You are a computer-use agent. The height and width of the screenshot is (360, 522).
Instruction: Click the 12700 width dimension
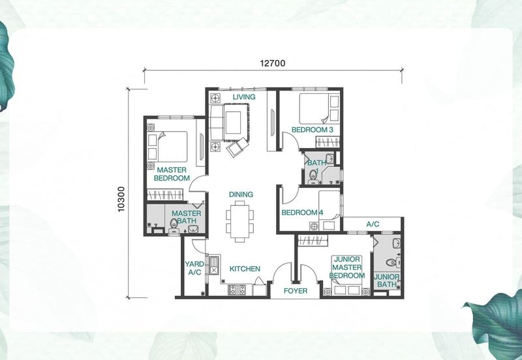(x=272, y=63)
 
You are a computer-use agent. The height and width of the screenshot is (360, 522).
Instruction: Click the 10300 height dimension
(x=121, y=199)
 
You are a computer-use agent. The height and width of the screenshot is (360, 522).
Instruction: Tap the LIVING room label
(x=244, y=97)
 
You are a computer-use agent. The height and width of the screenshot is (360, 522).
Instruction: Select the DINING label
(x=241, y=194)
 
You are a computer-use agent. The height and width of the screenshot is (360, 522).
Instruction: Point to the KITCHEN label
(x=245, y=269)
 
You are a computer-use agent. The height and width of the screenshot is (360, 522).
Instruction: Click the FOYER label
(x=296, y=291)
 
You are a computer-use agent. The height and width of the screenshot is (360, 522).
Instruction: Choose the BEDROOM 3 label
(x=312, y=130)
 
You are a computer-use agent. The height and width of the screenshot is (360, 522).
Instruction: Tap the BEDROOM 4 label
(x=302, y=212)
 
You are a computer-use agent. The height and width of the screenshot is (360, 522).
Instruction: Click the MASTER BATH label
(x=186, y=217)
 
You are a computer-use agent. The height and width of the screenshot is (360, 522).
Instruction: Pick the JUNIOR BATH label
(x=386, y=280)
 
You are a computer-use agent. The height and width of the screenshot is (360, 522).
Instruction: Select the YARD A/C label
(x=194, y=268)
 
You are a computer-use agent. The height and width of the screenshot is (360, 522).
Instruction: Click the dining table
(x=239, y=221)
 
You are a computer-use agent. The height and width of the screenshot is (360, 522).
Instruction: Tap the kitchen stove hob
(x=237, y=290)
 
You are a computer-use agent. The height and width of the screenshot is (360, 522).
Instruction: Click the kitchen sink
(x=213, y=266)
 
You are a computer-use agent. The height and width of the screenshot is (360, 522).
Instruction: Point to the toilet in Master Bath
(x=174, y=226)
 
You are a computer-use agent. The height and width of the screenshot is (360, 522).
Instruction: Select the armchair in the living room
(x=237, y=146)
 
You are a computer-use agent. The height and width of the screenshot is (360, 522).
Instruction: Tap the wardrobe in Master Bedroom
(x=165, y=194)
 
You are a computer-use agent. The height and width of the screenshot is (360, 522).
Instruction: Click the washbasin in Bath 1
(x=330, y=158)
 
